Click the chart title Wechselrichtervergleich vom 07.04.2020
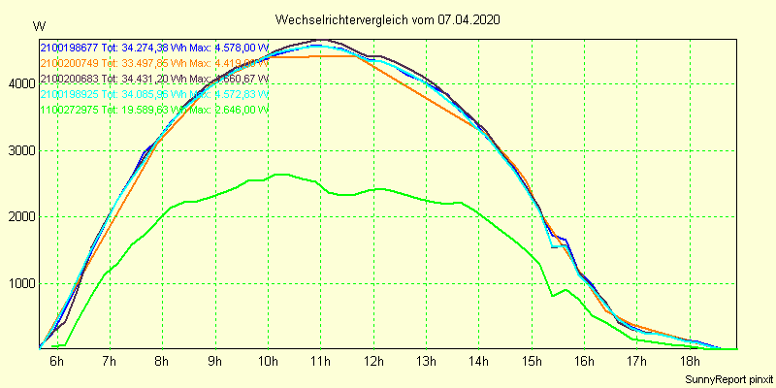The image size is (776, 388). point(387,19)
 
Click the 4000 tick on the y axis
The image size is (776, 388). point(19,84)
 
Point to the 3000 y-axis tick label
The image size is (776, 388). point(19,151)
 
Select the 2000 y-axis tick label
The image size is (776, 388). point(19,217)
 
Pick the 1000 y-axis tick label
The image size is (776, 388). point(19,284)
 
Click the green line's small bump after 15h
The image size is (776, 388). point(566,289)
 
